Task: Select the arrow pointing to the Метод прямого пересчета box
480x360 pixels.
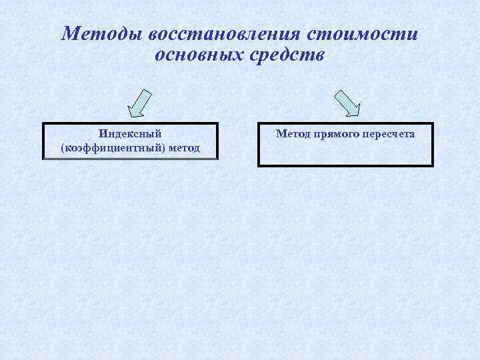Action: point(347,103)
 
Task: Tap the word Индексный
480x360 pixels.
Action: point(130,134)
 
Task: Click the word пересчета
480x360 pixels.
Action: point(389,134)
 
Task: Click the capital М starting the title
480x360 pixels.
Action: point(68,33)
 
